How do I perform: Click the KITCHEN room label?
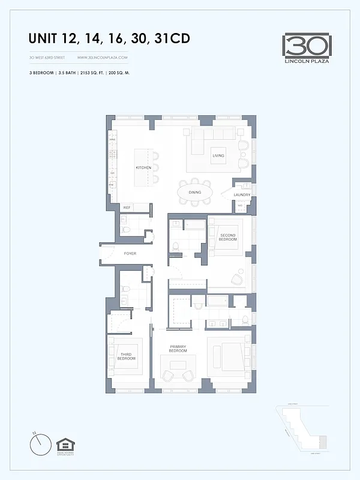pos(143,167)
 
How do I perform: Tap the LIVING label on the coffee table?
pos(218,156)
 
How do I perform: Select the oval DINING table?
pos(194,192)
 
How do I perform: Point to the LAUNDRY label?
pos(242,194)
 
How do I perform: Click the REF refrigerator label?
pos(127,208)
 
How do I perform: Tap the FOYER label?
pos(130,253)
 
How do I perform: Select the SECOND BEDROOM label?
pos(228,237)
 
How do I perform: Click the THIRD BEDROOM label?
pos(127,356)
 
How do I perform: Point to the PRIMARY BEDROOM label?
pos(178,349)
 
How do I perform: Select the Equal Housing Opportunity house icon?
pos(65,445)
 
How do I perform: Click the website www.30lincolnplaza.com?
pos(102,58)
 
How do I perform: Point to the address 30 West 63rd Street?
pos(47,58)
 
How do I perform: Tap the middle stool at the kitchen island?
pos(155,167)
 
